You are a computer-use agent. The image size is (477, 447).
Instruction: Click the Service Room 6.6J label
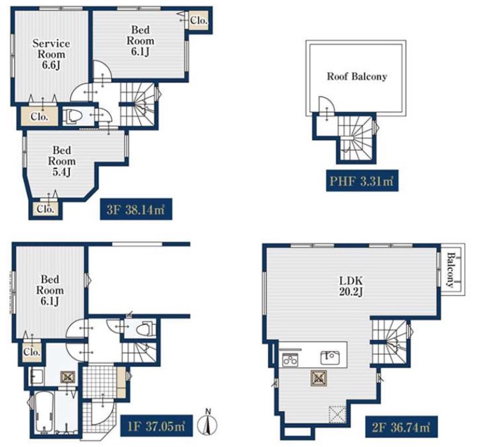coord(51,55)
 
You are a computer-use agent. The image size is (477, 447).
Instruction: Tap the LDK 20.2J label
coord(351,286)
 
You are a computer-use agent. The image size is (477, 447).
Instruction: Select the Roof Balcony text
coord(357,76)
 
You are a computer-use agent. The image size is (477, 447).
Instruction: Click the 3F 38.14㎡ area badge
coord(136,210)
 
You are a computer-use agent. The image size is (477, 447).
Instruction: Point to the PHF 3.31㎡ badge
coord(362,181)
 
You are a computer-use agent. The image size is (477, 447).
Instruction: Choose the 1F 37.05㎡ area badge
coord(156,425)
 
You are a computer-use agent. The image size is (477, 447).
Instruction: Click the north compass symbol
coord(208,423)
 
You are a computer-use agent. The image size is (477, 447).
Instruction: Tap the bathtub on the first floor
coord(44,411)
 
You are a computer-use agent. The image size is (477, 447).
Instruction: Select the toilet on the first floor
coord(145,329)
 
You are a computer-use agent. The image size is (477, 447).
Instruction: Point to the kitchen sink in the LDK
coord(330,357)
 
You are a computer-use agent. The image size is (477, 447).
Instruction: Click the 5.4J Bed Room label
coord(62,161)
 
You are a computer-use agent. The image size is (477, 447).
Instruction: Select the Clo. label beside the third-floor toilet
coord(40,116)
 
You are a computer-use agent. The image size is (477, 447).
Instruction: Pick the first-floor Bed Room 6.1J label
coord(50,290)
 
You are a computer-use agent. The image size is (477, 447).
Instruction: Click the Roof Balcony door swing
coord(326,104)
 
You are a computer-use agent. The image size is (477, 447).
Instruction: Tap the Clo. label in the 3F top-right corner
coord(199,20)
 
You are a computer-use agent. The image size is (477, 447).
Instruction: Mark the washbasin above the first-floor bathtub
coord(37,377)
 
